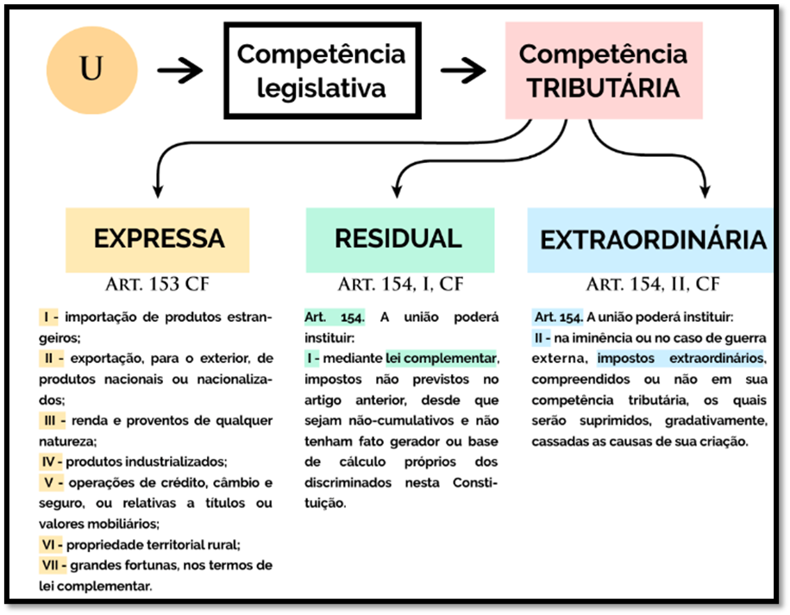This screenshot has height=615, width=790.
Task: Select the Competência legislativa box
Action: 321,71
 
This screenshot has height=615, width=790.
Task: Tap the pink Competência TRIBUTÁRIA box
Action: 603,71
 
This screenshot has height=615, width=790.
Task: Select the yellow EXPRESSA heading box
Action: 158,239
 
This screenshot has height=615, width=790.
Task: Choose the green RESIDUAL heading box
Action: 399,239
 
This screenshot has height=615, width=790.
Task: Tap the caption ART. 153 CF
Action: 158,285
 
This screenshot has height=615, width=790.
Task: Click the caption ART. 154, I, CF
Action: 399,285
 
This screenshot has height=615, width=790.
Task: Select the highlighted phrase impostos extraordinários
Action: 681,358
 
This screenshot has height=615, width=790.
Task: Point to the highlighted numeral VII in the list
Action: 55,566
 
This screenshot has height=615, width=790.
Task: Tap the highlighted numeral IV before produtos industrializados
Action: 53,461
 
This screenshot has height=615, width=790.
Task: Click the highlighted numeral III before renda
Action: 53,420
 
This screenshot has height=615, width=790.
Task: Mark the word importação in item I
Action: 100,317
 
